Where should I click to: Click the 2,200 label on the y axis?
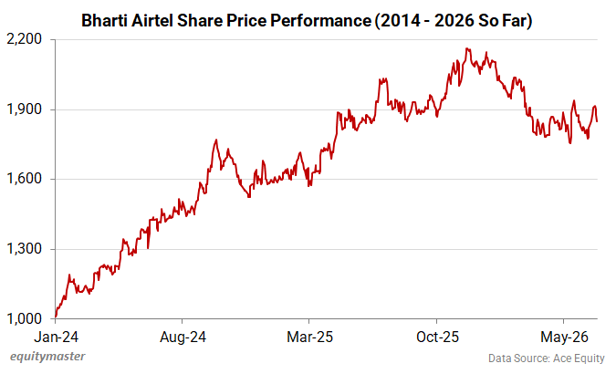[25, 39]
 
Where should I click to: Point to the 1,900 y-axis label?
[25, 109]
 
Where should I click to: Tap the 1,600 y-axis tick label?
[25, 179]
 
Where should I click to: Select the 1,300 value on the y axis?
[25, 249]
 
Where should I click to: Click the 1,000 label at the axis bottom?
[25, 318]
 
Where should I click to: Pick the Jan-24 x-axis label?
[57, 338]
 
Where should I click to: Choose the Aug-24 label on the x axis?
[183, 338]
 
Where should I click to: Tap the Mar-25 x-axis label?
[309, 338]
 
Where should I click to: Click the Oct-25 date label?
[437, 338]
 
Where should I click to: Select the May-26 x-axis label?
[564, 338]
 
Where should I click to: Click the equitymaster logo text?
[47, 357]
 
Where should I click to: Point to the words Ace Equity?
[579, 358]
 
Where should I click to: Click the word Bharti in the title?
[104, 21]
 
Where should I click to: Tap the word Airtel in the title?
[152, 21]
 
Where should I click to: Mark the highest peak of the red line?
[466, 48]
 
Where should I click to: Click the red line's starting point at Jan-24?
[56, 317]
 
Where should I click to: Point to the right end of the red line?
[597, 121]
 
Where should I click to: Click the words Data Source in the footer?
[518, 358]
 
